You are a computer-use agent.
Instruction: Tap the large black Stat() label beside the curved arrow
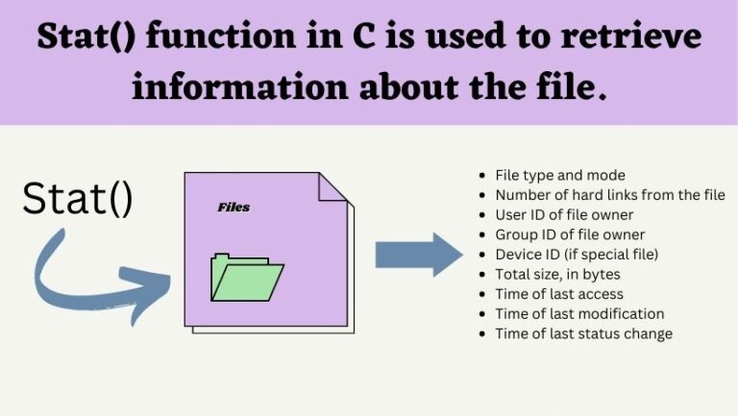[x=78, y=199]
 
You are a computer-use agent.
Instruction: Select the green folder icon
[x=247, y=278]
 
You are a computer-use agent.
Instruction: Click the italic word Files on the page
[x=234, y=207]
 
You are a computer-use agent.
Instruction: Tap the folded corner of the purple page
[x=332, y=186]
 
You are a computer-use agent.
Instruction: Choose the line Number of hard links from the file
[x=609, y=195]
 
